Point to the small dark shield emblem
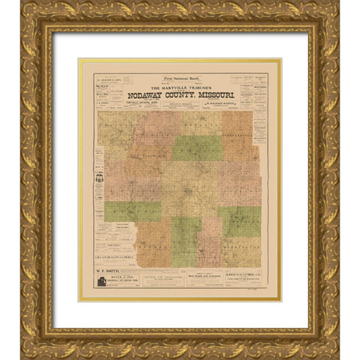(x=99, y=178)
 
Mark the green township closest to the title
(x=196, y=147)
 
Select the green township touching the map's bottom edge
(x=185, y=241)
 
